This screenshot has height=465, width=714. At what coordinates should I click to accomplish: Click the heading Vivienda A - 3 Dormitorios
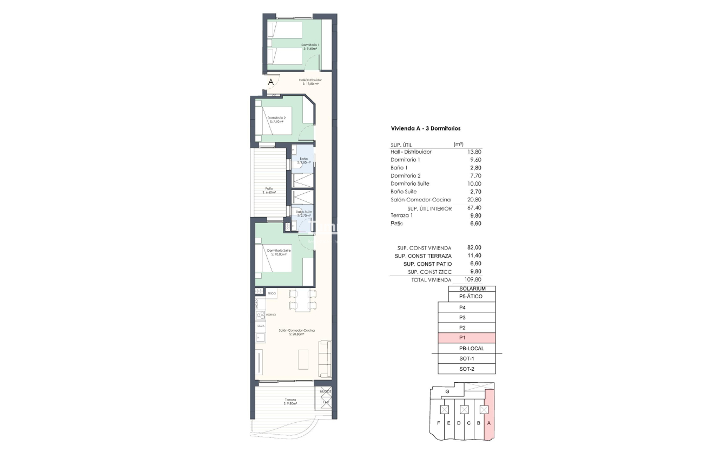[425, 129]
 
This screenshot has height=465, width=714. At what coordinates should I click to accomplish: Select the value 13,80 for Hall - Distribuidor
[474, 152]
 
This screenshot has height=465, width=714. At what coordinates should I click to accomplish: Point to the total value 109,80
[473, 280]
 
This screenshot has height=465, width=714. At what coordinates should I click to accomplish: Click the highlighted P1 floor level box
[466, 338]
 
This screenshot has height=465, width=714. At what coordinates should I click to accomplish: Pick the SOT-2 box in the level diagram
[466, 369]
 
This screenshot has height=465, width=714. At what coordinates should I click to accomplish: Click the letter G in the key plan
[447, 391]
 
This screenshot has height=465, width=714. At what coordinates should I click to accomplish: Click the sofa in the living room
[325, 358]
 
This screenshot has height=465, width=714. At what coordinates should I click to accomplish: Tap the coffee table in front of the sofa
[303, 359]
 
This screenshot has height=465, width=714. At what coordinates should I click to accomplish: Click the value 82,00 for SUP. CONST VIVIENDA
[474, 248]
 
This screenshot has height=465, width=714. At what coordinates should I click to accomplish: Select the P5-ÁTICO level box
[471, 297]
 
